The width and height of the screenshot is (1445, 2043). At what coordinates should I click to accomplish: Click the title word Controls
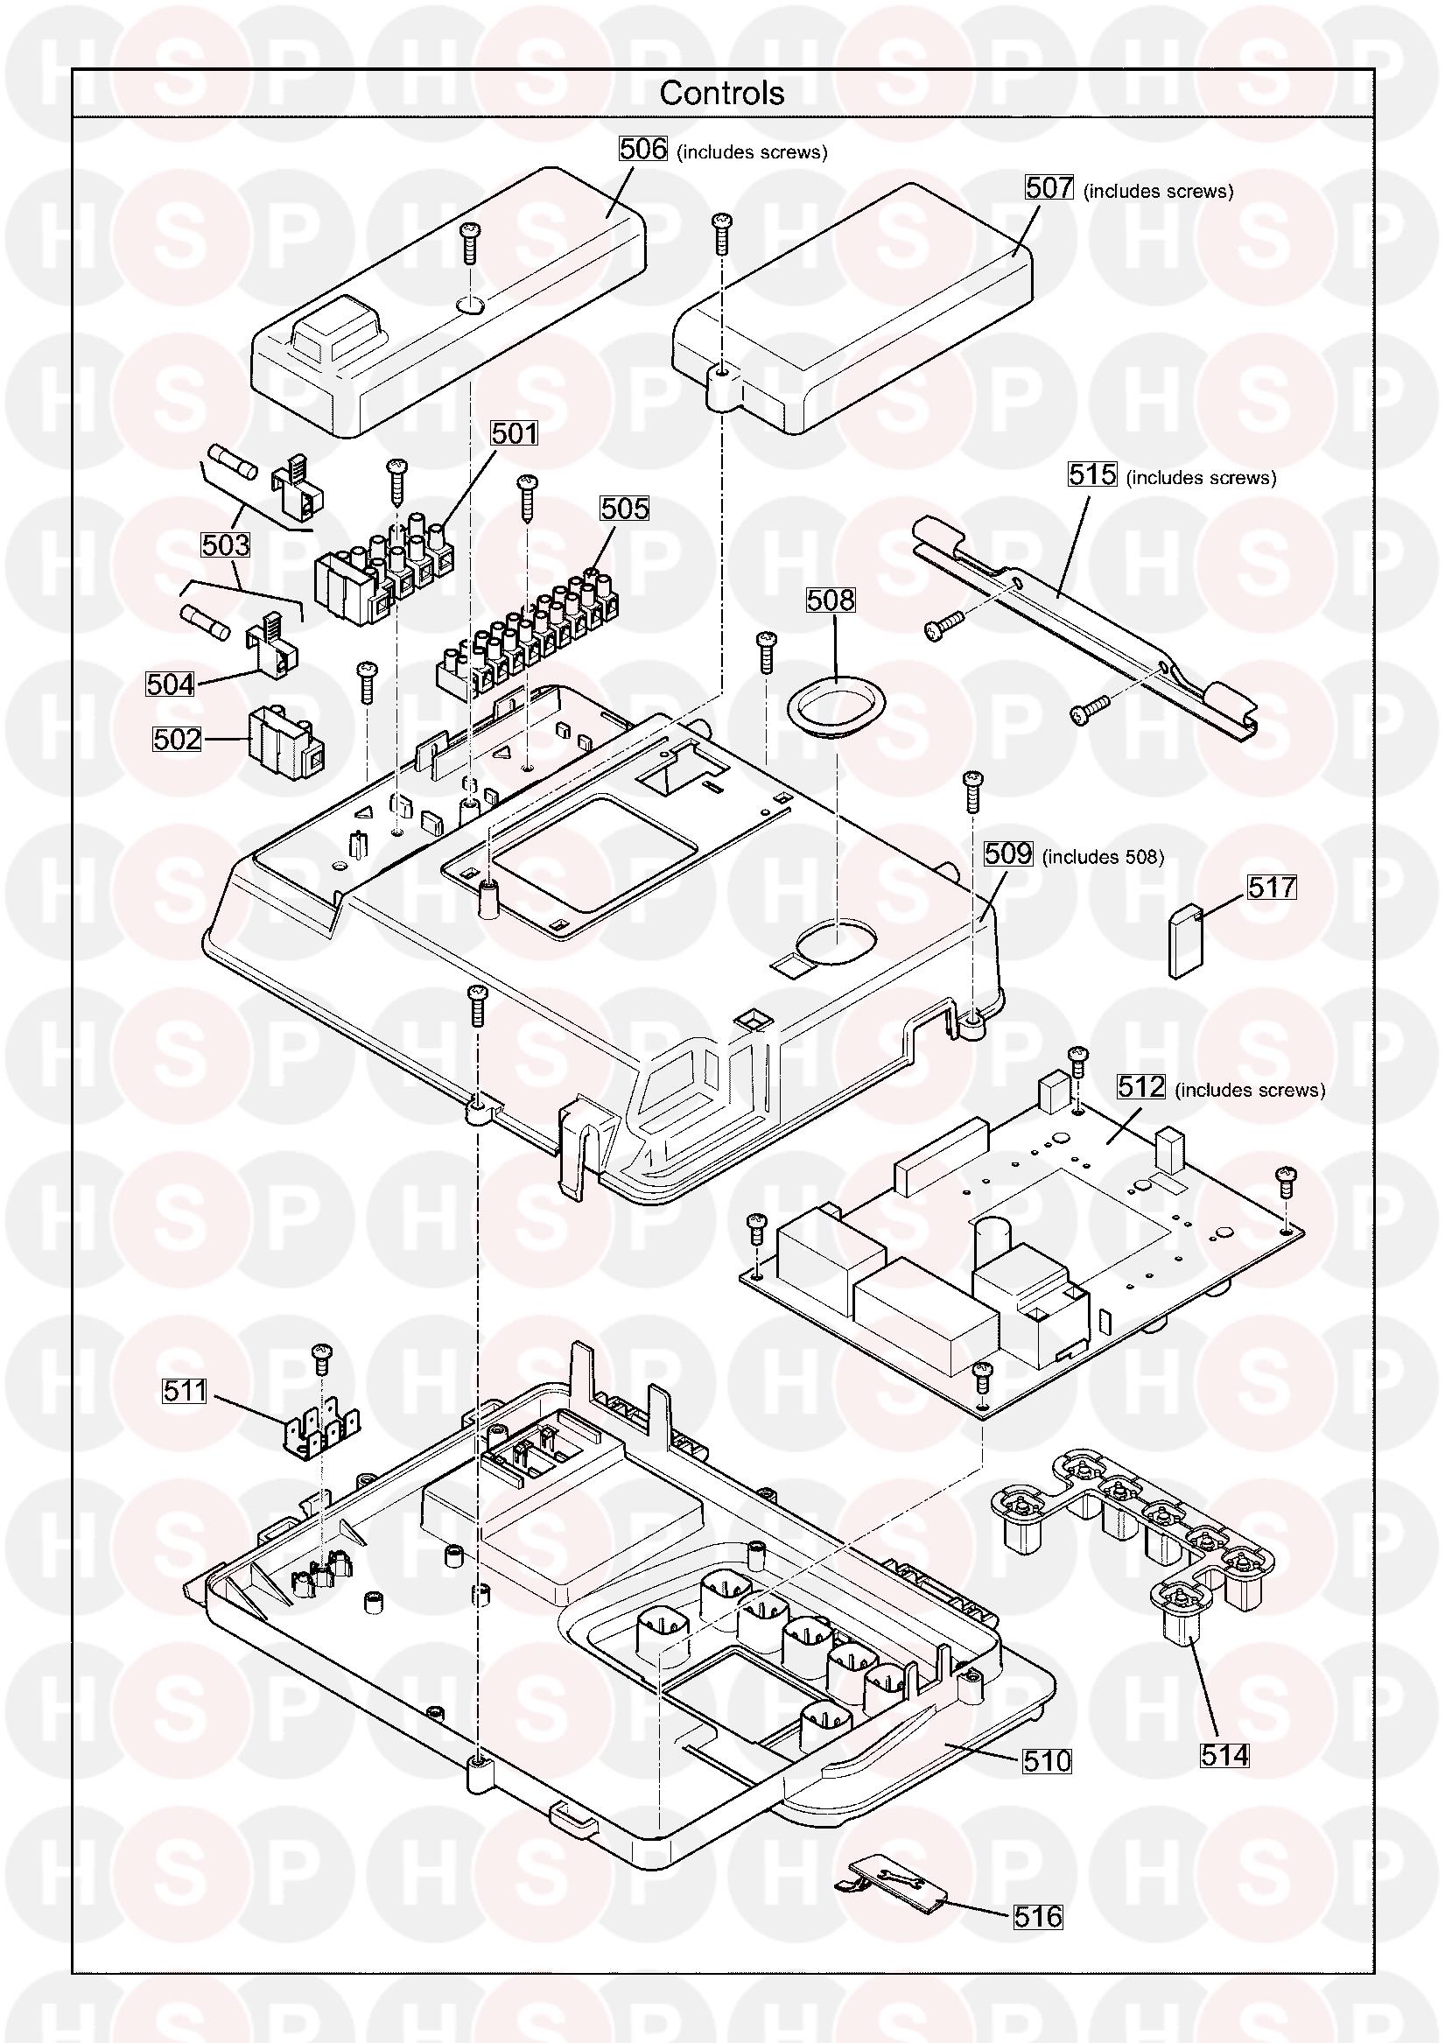point(721,93)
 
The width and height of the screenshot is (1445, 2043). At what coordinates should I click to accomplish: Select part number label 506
point(642,150)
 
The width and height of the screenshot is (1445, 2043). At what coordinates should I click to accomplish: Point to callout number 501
point(515,433)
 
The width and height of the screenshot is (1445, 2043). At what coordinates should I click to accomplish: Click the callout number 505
point(625,508)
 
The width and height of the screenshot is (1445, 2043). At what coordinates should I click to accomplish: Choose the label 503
point(226,544)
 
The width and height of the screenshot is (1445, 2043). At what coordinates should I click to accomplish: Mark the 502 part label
point(178,739)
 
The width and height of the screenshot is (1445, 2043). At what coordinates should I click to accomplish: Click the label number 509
point(1008,854)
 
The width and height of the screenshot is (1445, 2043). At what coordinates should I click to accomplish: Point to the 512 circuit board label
point(1141,1086)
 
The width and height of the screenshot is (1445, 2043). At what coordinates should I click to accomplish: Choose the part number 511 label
point(184,1391)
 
